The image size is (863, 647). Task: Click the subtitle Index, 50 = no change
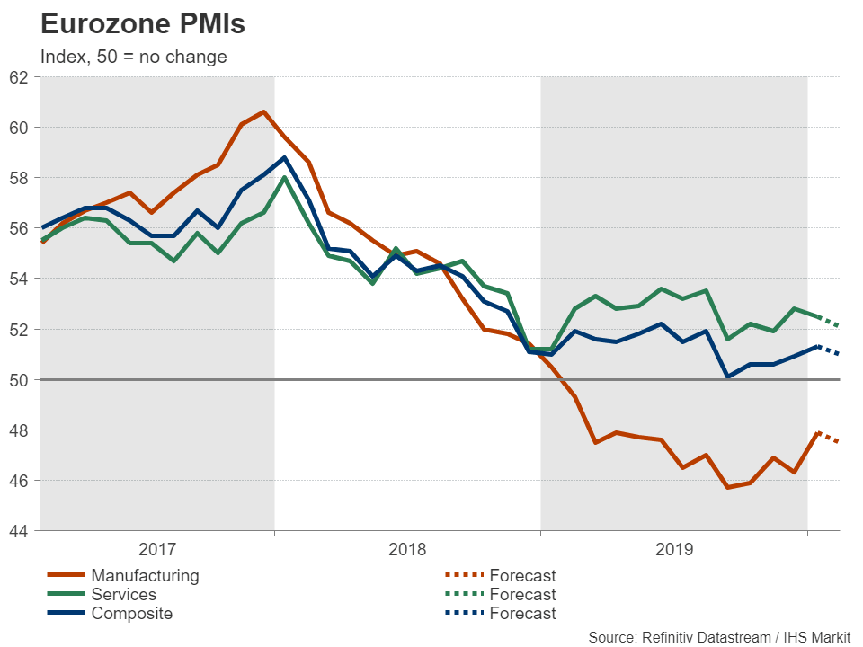[133, 57]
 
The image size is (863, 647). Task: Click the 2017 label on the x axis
[157, 548]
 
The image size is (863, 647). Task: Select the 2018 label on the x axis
[407, 548]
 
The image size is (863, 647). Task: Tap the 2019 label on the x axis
[673, 548]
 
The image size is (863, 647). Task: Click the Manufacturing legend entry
[145, 575]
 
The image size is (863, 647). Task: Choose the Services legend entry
[123, 594]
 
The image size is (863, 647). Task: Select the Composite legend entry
[131, 614]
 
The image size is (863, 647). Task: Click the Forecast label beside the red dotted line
[522, 575]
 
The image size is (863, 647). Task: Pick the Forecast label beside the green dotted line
[522, 594]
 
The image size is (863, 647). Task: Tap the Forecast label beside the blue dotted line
[522, 614]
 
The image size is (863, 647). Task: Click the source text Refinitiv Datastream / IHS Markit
[719, 637]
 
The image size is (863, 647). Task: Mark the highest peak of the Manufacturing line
[262, 111]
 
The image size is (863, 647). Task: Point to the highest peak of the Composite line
[284, 158]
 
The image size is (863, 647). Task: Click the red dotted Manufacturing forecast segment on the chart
[828, 437]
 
